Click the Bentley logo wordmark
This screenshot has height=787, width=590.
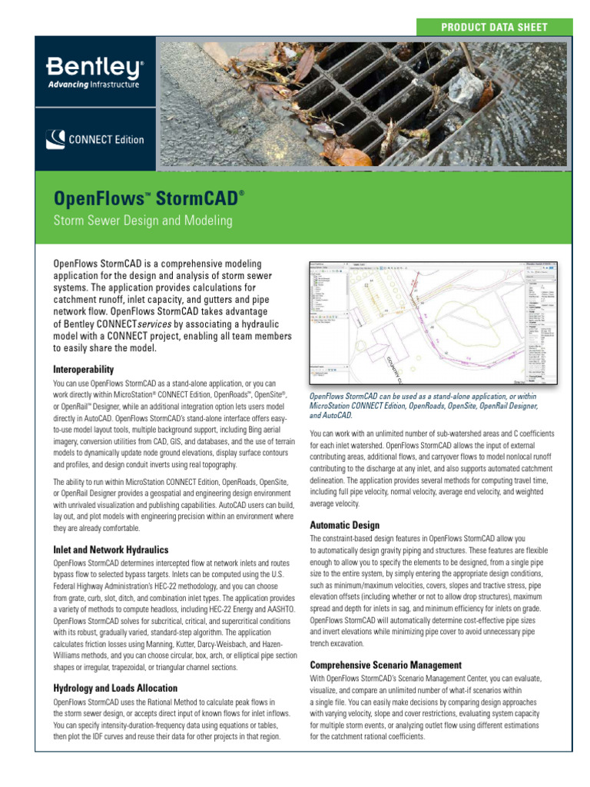click(x=93, y=67)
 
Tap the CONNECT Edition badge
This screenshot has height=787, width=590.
click(x=94, y=140)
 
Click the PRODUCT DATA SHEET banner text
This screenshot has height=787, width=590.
click(x=494, y=27)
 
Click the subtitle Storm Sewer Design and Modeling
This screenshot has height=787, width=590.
click(x=142, y=221)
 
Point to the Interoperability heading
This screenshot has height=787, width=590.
click(x=83, y=370)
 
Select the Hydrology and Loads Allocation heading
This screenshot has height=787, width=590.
click(x=115, y=688)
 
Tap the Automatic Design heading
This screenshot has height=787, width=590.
click(x=344, y=525)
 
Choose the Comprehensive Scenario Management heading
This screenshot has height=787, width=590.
click(x=386, y=664)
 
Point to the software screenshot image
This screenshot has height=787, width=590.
click(x=434, y=323)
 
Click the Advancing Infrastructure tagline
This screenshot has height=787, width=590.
click(x=93, y=84)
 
